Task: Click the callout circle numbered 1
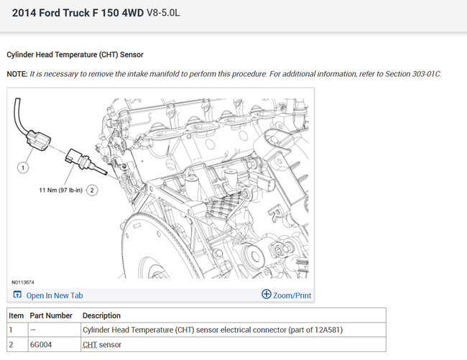click(23, 167)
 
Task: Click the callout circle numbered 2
click(92, 190)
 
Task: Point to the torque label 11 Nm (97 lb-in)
click(61, 190)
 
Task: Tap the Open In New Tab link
click(55, 295)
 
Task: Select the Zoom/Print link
click(292, 295)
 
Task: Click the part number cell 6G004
click(41, 344)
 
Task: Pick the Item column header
click(16, 315)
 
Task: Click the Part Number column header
click(51, 315)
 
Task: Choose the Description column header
click(101, 315)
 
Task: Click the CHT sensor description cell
click(102, 344)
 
